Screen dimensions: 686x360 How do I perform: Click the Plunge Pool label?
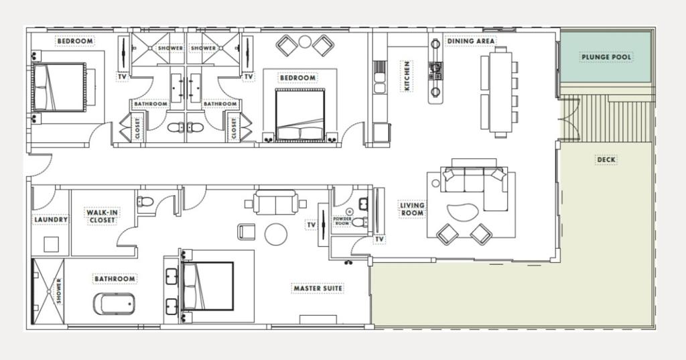tap(606, 57)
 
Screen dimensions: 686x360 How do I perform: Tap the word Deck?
tap(606, 160)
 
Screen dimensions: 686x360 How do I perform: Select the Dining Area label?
tap(471, 41)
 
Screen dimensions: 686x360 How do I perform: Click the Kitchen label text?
tap(407, 76)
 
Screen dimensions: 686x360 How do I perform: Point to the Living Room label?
tap(412, 209)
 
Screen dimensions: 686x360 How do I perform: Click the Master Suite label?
tap(318, 288)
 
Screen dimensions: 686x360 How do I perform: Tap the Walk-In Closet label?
tap(102, 217)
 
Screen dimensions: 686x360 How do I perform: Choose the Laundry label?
tap(51, 219)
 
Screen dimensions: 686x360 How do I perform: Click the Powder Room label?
tap(342, 221)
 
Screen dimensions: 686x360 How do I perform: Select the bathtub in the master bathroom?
tap(114, 304)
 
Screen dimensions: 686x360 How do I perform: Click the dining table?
tap(500, 92)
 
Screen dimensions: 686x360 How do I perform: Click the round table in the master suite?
tap(276, 235)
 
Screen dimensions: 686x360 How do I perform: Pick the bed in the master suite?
tap(208, 286)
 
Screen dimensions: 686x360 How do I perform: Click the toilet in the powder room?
tap(360, 223)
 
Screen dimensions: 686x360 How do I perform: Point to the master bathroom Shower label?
tap(59, 291)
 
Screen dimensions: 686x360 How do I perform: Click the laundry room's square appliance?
tap(51, 245)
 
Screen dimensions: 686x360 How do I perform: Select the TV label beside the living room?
tap(379, 239)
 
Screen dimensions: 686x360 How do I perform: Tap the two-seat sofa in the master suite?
tap(275, 202)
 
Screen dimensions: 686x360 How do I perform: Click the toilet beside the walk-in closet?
tap(145, 202)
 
